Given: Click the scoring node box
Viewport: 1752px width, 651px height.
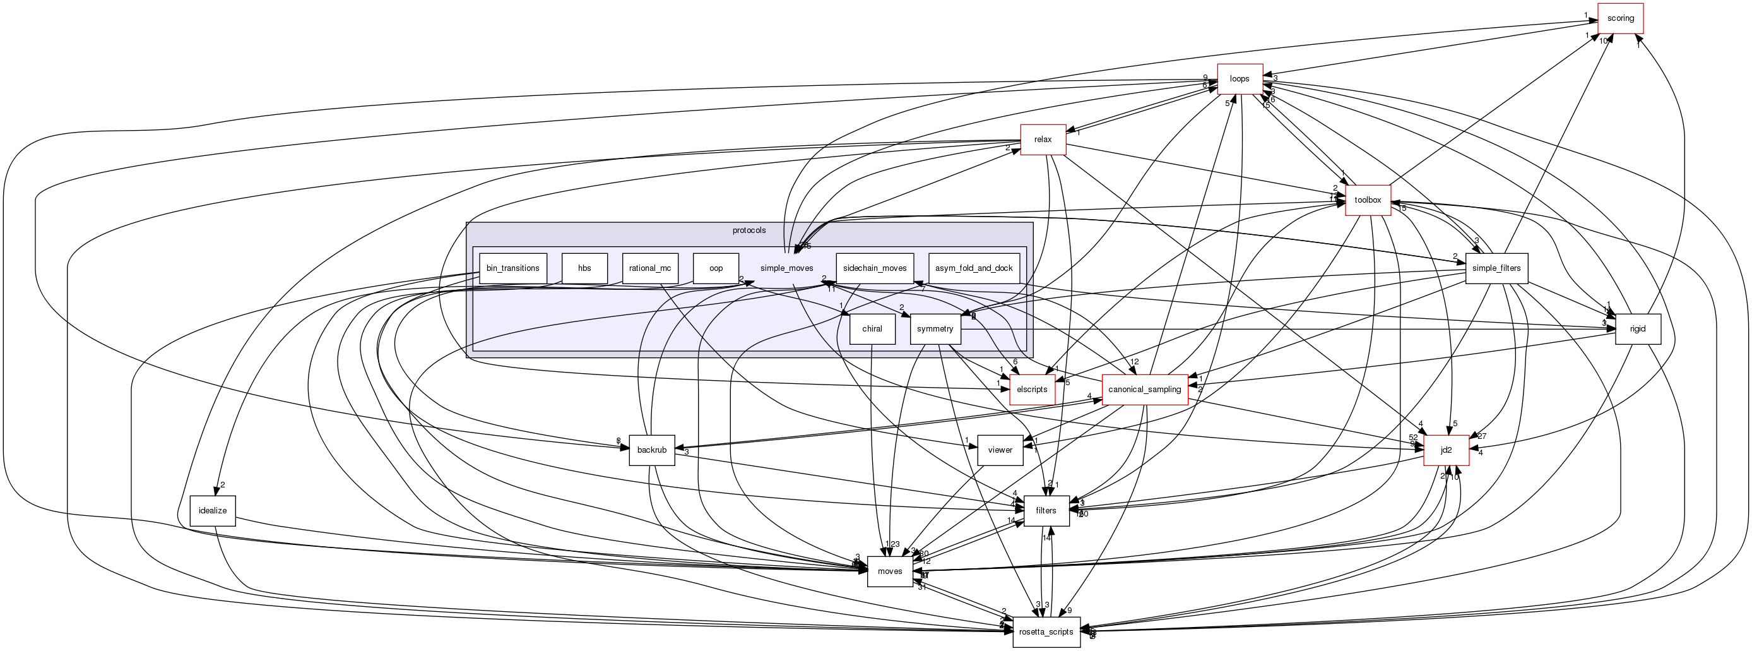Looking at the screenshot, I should [1620, 18].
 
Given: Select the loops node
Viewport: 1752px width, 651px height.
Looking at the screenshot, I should [1239, 79].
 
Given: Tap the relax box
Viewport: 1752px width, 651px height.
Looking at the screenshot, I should [1043, 140].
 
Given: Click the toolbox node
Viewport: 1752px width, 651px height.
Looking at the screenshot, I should [1368, 200].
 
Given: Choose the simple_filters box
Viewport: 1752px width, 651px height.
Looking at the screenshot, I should [1496, 268].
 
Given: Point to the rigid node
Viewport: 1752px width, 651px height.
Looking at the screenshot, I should [1638, 329].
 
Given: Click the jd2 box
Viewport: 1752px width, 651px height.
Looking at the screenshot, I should [1446, 450].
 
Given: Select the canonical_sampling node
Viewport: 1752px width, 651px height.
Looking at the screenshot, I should [1145, 390].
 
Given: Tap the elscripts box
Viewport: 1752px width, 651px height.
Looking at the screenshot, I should [1032, 390].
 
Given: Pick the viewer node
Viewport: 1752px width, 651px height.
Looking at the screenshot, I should [1000, 450].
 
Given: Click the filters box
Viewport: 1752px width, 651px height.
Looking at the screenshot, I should [1046, 511].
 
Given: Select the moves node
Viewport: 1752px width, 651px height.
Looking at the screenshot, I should [890, 571].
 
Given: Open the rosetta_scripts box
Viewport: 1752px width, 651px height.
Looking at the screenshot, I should [1046, 632].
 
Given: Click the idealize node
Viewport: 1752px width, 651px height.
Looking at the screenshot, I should [212, 511].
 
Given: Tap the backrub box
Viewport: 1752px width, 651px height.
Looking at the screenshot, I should [651, 450].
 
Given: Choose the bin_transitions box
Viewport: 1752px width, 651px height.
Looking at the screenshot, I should [513, 268].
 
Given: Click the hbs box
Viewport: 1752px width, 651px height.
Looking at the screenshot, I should [584, 268].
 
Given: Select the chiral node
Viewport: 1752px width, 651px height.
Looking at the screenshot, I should [872, 329].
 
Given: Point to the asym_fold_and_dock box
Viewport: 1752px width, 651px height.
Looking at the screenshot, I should [974, 268].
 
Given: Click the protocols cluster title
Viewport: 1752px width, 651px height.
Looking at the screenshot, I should [749, 230].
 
